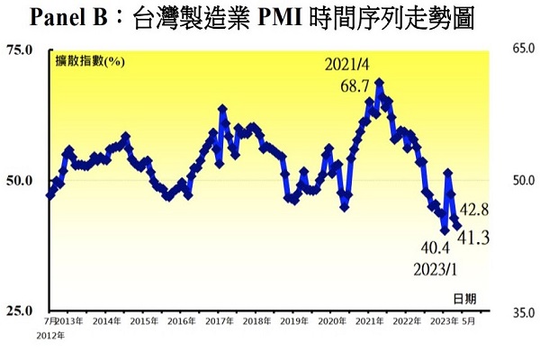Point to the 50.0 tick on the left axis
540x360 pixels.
pos(21,180)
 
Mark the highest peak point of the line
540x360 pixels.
pos(380,82)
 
